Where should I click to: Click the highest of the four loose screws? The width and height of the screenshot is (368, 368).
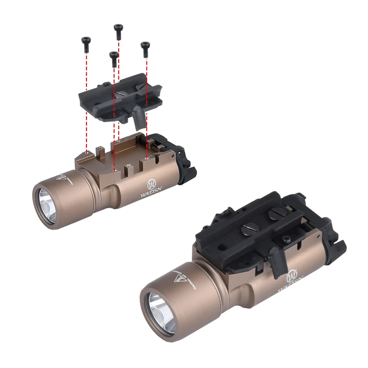click(118, 28)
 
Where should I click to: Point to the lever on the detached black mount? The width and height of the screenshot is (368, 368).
click(138, 119)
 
